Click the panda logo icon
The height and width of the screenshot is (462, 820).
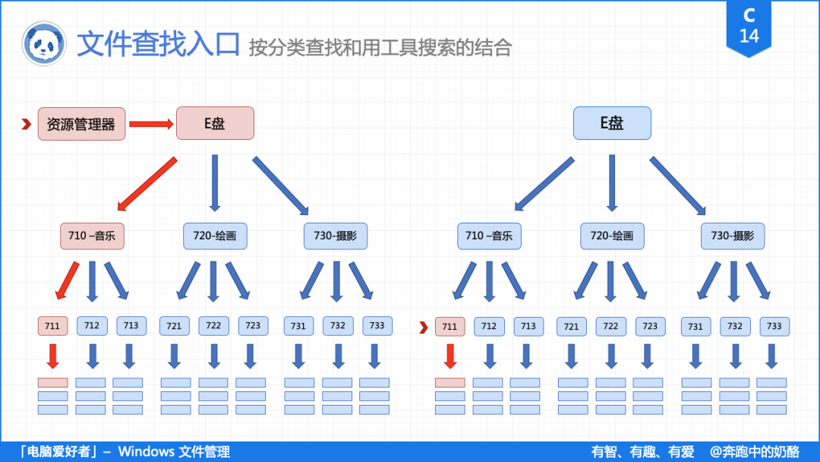pyautogui.click(x=44, y=43)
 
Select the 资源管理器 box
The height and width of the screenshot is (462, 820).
pyautogui.click(x=81, y=124)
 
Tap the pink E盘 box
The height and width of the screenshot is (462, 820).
pyautogui.click(x=215, y=123)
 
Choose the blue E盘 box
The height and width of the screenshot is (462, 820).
pyautogui.click(x=612, y=123)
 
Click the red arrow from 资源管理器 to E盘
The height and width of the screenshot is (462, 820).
pyautogui.click(x=151, y=124)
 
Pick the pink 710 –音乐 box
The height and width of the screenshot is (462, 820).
pyautogui.click(x=92, y=236)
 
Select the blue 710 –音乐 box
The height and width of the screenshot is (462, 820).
pyautogui.click(x=489, y=236)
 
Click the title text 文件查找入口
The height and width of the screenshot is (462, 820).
pyautogui.click(x=158, y=45)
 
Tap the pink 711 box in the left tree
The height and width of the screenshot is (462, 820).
pyautogui.click(x=52, y=326)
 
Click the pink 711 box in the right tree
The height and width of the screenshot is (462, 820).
pyautogui.click(x=449, y=327)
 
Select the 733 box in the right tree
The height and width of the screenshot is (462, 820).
pyautogui.click(x=774, y=327)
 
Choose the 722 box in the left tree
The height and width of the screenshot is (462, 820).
pyautogui.click(x=213, y=326)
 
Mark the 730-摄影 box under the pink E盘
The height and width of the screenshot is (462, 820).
pyautogui.click(x=336, y=236)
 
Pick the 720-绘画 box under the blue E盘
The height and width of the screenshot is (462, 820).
pyautogui.click(x=612, y=236)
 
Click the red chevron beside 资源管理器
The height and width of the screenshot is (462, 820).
pyautogui.click(x=26, y=124)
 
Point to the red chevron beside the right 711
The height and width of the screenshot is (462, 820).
pyautogui.click(x=424, y=328)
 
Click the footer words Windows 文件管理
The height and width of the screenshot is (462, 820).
pyautogui.click(x=174, y=451)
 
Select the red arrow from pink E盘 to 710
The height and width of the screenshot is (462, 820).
pyautogui.click(x=147, y=183)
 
